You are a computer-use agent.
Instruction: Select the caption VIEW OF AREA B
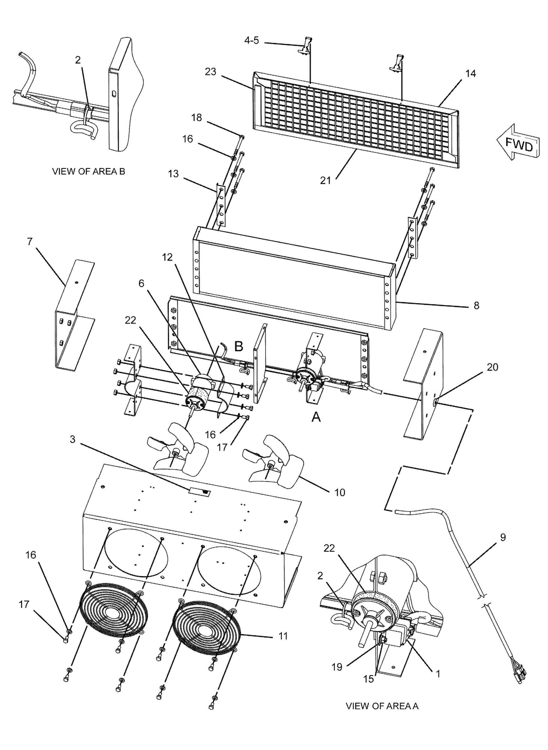(x=89, y=171)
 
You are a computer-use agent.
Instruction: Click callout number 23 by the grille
(x=210, y=72)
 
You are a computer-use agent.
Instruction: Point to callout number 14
(x=470, y=73)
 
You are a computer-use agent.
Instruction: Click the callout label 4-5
(x=251, y=41)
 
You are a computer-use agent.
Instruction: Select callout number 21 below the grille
(x=325, y=181)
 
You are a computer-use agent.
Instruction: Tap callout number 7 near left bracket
(x=30, y=241)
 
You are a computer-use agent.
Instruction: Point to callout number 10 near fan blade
(x=339, y=493)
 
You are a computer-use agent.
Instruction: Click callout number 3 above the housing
(x=72, y=439)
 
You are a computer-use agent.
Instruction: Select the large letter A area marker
(x=316, y=418)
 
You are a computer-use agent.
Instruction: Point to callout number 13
(x=173, y=174)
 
